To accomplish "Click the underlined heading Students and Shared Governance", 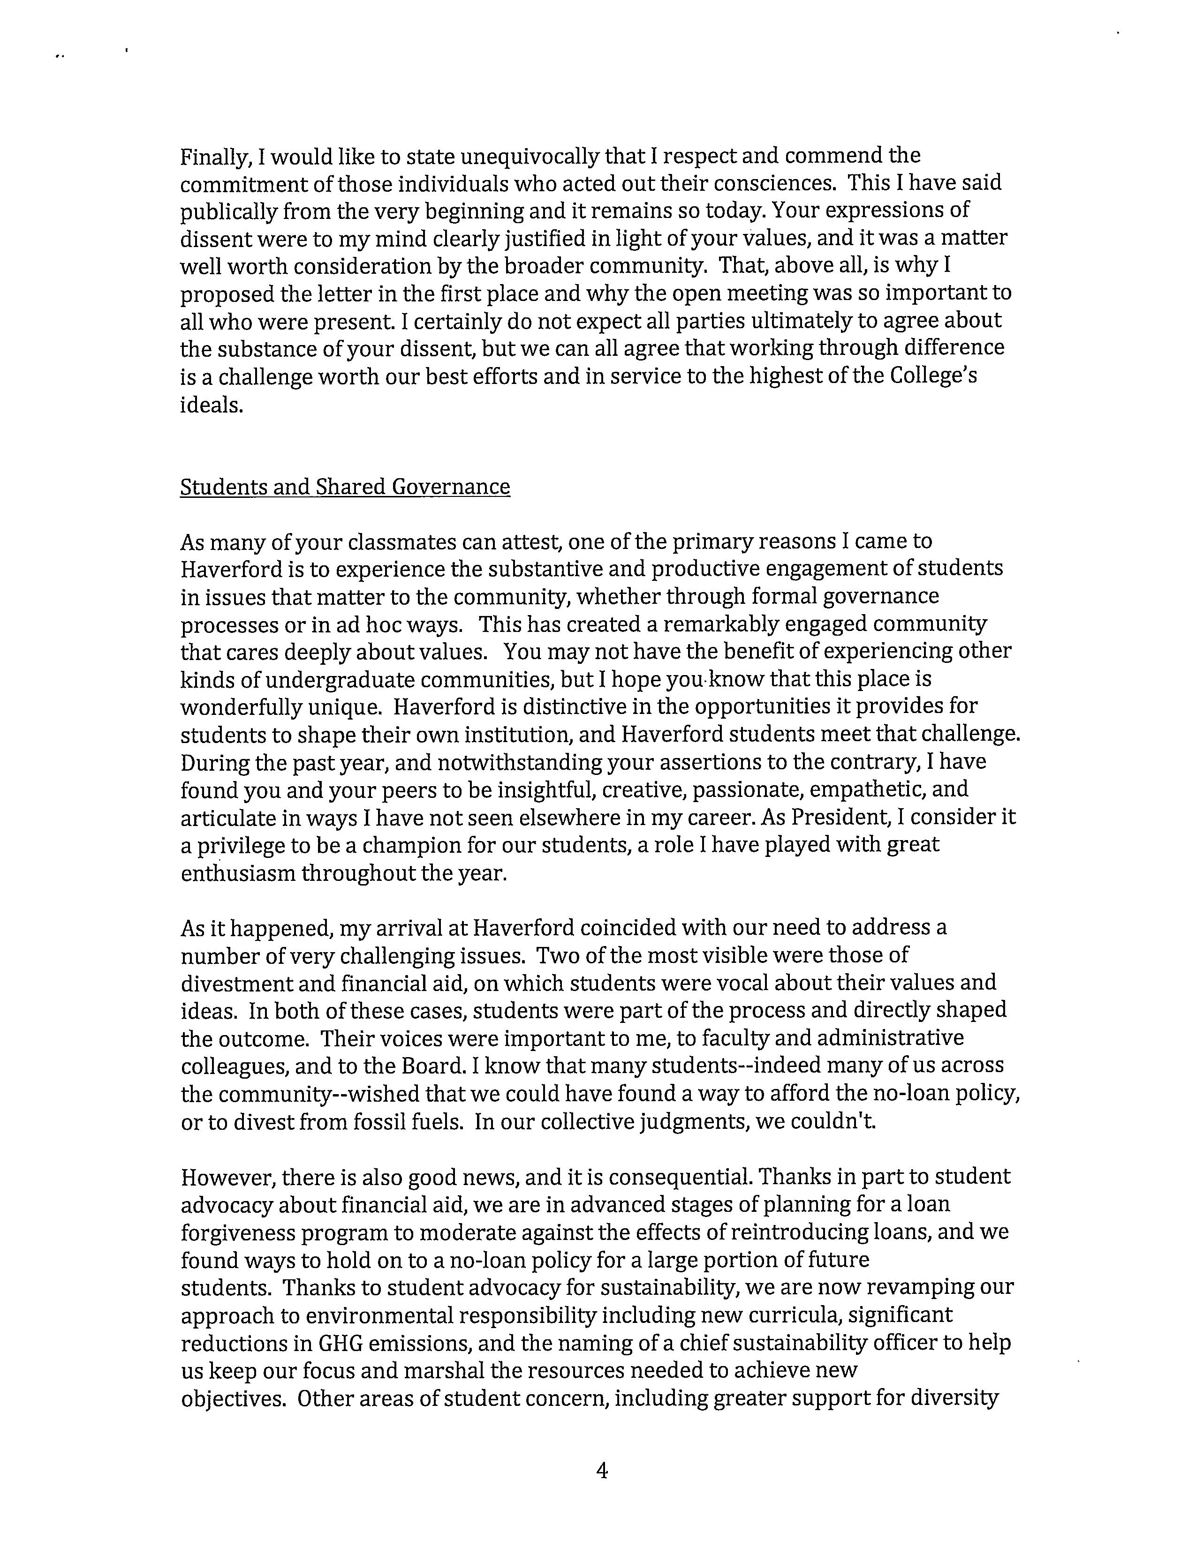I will coord(345,488).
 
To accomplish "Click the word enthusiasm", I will coord(238,873).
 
